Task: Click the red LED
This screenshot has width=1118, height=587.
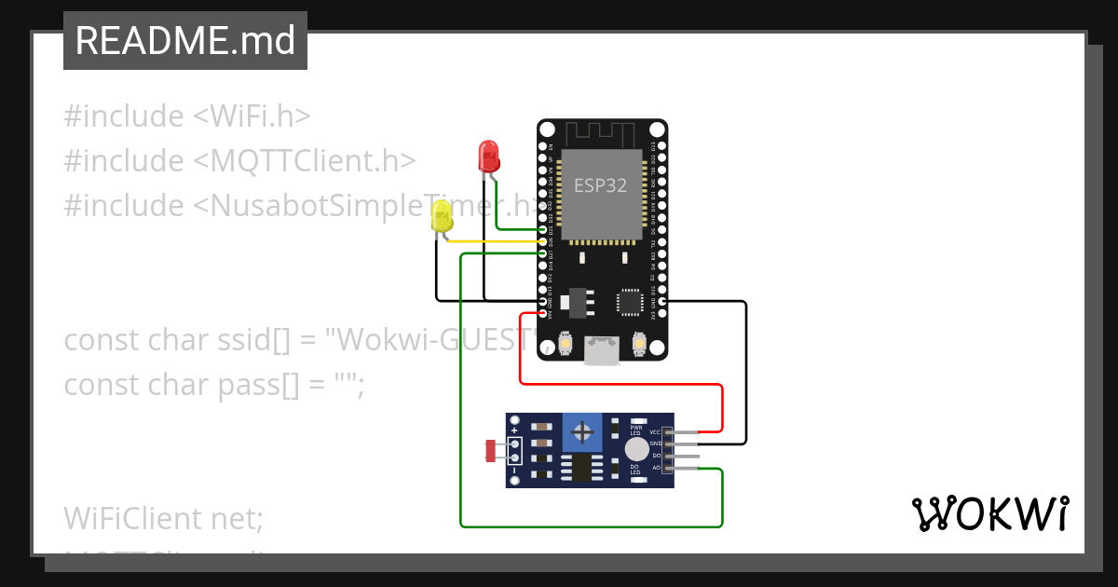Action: click(x=488, y=155)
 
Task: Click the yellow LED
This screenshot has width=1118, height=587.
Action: click(x=443, y=220)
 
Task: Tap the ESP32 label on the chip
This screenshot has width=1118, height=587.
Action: click(x=600, y=185)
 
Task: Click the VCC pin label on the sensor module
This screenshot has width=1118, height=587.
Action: click(x=655, y=432)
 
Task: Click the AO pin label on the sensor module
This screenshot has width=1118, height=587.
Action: click(x=656, y=468)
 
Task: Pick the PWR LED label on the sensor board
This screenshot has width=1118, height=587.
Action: click(x=636, y=430)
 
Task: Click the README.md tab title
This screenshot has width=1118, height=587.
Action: click(x=185, y=42)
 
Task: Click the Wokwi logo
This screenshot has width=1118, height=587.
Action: click(x=989, y=514)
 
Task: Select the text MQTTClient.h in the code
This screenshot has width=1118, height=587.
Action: click(x=304, y=160)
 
